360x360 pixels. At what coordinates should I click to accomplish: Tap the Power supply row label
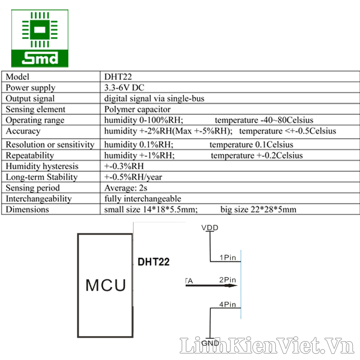coord(31,88)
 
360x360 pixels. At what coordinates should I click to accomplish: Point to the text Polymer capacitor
coord(137,109)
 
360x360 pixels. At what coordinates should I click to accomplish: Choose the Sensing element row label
coord(36,109)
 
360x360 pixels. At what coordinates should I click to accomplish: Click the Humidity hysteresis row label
coord(42,166)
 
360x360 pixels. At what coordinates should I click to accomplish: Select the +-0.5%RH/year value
coord(133,177)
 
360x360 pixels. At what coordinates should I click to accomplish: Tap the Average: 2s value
coord(126,188)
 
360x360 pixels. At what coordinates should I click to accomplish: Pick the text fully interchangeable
coord(143,199)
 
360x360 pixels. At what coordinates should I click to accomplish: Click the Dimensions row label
coord(27,210)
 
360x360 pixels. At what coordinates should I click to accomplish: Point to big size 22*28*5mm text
coord(258,210)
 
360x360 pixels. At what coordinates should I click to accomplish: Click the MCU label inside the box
coord(106,285)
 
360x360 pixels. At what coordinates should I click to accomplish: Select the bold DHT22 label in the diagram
coord(153,262)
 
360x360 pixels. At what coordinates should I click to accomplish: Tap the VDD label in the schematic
coord(210,228)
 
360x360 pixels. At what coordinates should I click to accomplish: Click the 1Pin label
coord(228,257)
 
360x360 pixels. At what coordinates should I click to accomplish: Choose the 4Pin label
coord(228,305)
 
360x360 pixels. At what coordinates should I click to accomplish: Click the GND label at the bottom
coord(210,343)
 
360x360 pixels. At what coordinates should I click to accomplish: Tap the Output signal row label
coord(30,99)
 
